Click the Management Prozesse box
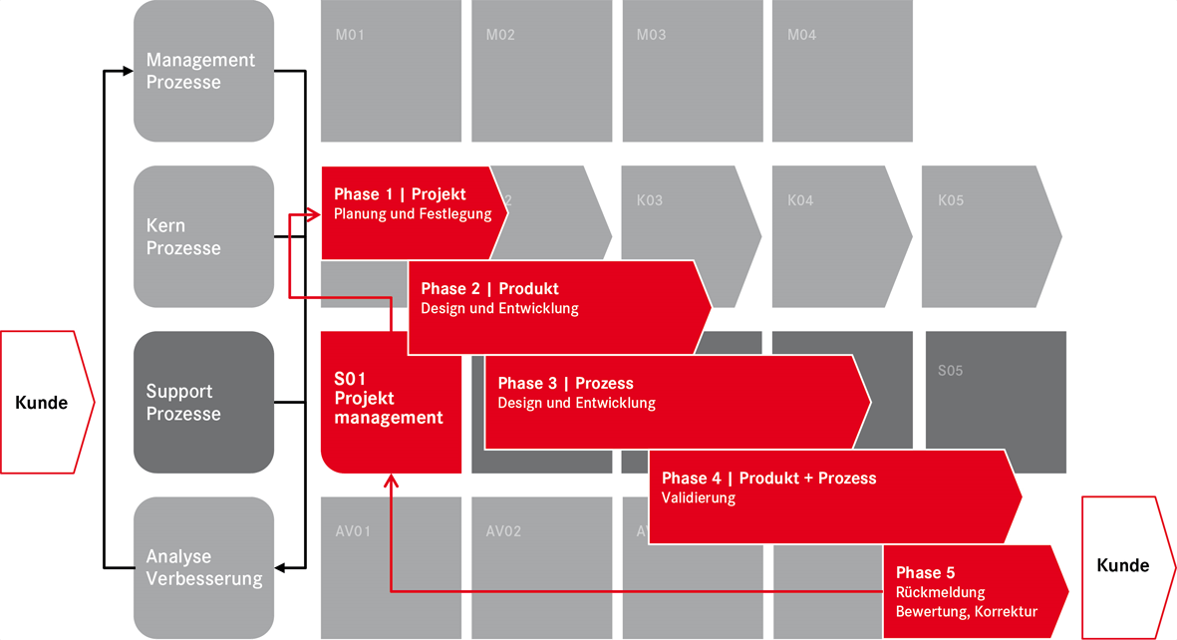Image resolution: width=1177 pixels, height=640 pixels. [x=203, y=71]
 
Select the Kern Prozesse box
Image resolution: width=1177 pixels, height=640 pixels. [x=203, y=236]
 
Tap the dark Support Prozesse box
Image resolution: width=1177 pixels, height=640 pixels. [x=203, y=402]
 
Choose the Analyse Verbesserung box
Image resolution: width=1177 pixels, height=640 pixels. [x=203, y=567]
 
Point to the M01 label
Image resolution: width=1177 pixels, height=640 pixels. [x=350, y=35]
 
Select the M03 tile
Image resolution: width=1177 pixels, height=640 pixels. [x=692, y=71]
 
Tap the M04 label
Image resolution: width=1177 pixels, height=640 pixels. [x=801, y=35]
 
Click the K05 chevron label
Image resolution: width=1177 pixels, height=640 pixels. [x=951, y=200]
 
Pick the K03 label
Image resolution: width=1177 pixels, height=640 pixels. [x=649, y=200]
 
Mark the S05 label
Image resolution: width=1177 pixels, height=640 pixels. [x=951, y=371]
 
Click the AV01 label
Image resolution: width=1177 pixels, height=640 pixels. [x=353, y=530]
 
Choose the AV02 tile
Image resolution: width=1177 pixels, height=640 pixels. [x=541, y=567]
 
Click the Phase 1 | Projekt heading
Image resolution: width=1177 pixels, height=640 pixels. [x=400, y=194]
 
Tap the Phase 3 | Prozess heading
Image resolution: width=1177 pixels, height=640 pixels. [x=565, y=383]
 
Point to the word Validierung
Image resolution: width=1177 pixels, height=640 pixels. [x=698, y=497]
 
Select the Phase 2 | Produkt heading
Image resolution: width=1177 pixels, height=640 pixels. [x=489, y=289]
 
